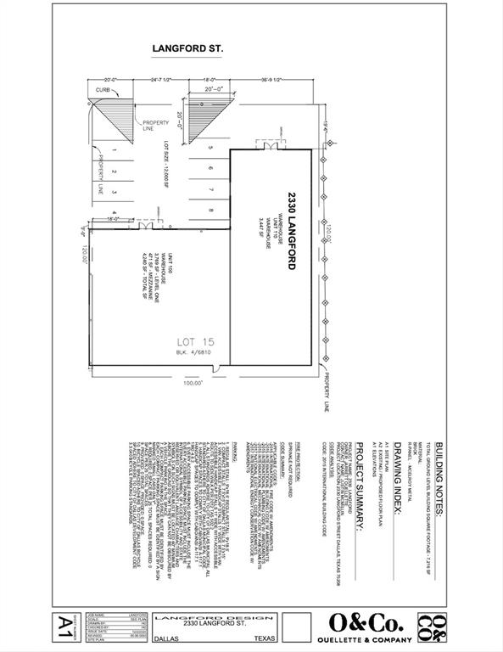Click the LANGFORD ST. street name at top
[187, 49]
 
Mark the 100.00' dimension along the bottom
[194, 384]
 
